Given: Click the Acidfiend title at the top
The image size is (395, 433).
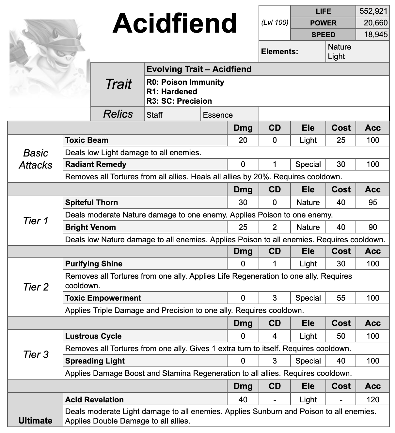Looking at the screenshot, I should [175, 23].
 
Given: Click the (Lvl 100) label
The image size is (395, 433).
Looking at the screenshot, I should [275, 22].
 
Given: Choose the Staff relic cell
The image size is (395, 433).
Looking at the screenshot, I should [154, 115].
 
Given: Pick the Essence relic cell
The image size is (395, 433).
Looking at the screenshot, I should [218, 115].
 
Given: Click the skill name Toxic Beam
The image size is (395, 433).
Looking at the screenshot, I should [87, 140].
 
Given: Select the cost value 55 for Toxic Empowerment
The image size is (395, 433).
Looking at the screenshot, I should [341, 298].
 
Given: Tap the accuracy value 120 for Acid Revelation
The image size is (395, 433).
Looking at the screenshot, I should [372, 399].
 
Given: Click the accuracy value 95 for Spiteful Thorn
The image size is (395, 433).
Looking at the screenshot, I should [372, 202].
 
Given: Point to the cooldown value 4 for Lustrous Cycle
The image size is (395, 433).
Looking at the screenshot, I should [275, 336].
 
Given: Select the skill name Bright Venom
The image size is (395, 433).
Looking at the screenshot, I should [90, 227].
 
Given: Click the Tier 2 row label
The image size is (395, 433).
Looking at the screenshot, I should [36, 287].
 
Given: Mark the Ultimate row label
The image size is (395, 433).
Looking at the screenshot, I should [35, 420].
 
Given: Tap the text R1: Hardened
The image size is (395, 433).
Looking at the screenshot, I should [172, 92].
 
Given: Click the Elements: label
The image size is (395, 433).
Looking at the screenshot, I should [279, 52].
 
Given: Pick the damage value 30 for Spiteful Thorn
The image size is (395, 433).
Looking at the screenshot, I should [243, 202].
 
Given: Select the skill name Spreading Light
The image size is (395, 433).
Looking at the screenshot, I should [95, 361].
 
